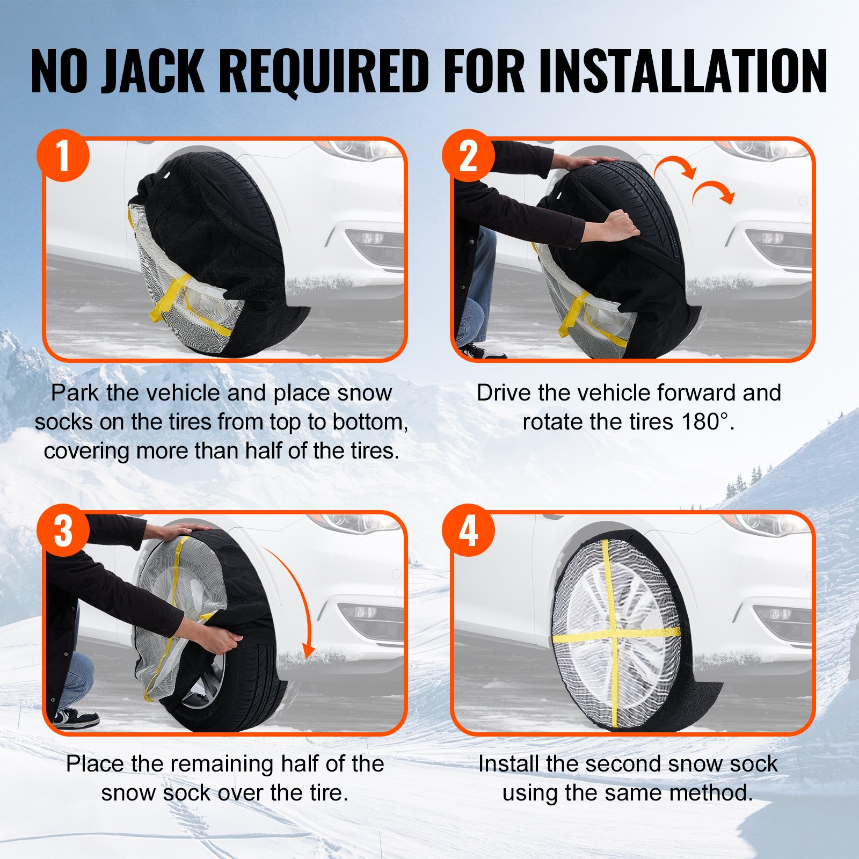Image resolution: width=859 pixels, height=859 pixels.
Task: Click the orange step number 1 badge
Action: [x=63, y=156]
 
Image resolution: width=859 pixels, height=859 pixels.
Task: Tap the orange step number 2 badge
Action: [x=468, y=156]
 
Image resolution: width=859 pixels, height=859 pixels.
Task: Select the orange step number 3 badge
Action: [x=63, y=530]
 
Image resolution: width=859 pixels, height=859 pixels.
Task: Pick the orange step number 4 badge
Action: [x=468, y=530]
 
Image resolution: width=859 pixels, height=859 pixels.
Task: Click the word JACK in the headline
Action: [x=153, y=71]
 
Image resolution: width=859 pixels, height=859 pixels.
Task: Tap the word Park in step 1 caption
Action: [x=75, y=393]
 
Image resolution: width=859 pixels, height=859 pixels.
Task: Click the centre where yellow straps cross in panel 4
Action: [x=612, y=636]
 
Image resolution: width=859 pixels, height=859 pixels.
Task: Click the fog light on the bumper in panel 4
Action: [x=773, y=614]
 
